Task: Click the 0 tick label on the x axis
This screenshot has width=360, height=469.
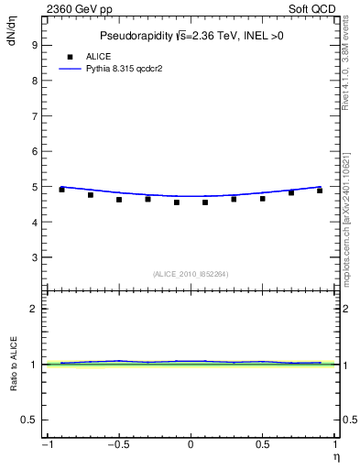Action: click(191, 446)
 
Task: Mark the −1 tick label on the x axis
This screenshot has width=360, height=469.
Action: click(46, 446)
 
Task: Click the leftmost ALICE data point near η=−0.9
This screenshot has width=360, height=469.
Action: click(61, 190)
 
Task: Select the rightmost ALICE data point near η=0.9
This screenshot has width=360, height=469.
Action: click(320, 191)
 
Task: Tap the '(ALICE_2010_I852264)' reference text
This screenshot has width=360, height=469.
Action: click(191, 273)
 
